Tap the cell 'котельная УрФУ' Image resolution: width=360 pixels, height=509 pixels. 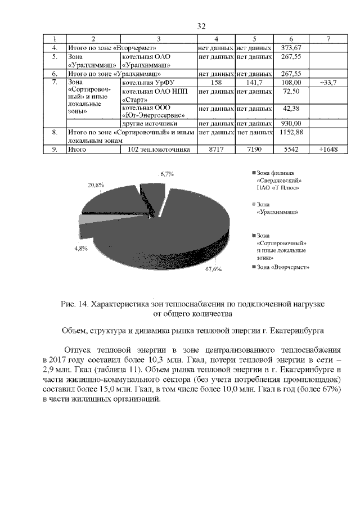coord(145,82)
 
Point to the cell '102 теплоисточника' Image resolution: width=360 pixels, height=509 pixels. coord(159,150)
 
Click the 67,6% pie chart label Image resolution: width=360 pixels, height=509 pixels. coord(213,269)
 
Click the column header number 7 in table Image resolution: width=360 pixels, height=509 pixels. coord(327,39)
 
